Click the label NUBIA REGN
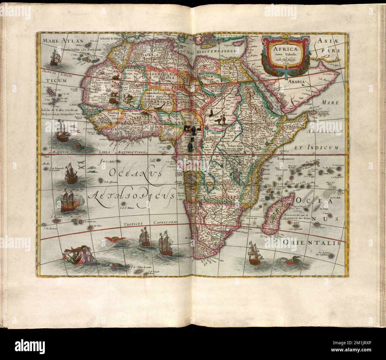click(214, 108)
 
